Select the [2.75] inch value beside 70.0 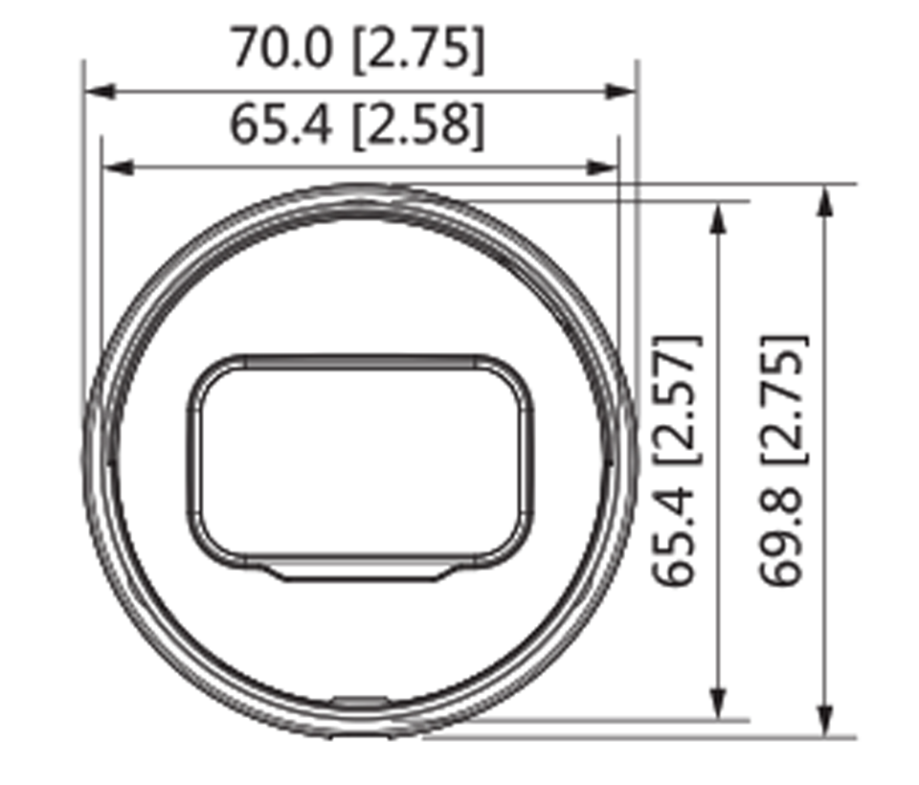(x=417, y=50)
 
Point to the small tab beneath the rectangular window (x=359, y=572)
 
